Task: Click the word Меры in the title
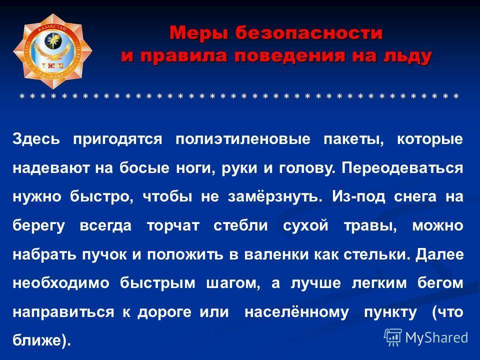[198, 33]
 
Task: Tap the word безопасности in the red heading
[309, 32]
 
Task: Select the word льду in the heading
[407, 57]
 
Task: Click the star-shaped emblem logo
[52, 51]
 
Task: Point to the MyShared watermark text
[436, 337]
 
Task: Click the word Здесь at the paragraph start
[36, 139]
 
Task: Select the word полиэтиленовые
[243, 139]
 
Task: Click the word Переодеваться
[402, 168]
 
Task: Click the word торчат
[173, 226]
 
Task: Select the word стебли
[240, 225]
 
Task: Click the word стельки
[377, 254]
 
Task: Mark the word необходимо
[61, 283]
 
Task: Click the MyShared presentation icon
[393, 337]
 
